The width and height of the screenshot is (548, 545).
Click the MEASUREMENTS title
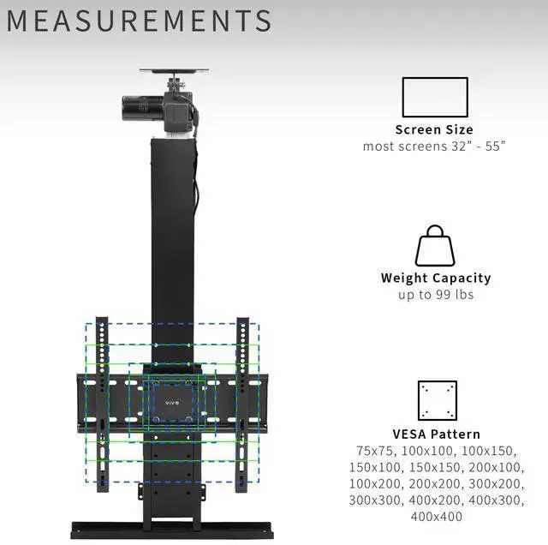(x=140, y=21)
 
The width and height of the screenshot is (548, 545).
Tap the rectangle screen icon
(x=435, y=96)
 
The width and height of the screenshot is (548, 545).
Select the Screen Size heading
(x=435, y=129)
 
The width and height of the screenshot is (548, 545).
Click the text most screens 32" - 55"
(x=435, y=146)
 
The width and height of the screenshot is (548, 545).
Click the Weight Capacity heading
(x=435, y=278)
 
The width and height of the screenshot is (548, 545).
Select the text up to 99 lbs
(x=435, y=295)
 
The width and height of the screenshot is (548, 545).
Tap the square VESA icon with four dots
(x=437, y=400)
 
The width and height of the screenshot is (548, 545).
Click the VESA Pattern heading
(x=437, y=434)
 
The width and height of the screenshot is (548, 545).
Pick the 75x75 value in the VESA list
(x=373, y=451)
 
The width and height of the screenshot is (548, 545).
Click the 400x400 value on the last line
(x=437, y=516)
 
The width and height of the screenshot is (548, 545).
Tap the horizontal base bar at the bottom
(x=171, y=528)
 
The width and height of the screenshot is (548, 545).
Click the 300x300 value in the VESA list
(x=373, y=500)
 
